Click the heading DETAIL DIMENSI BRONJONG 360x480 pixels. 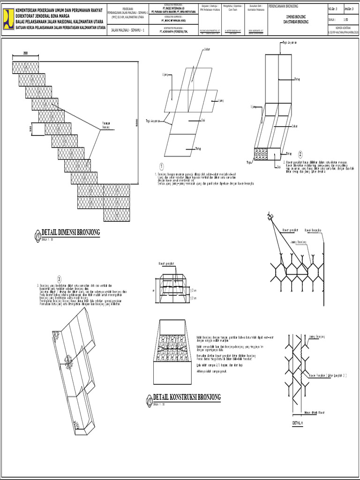71,232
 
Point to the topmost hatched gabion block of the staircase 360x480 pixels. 25,67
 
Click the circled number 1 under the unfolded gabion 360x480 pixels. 161,166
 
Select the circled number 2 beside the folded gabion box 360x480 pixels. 300,154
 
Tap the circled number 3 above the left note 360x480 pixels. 60,279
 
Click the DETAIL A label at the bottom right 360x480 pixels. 298,423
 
